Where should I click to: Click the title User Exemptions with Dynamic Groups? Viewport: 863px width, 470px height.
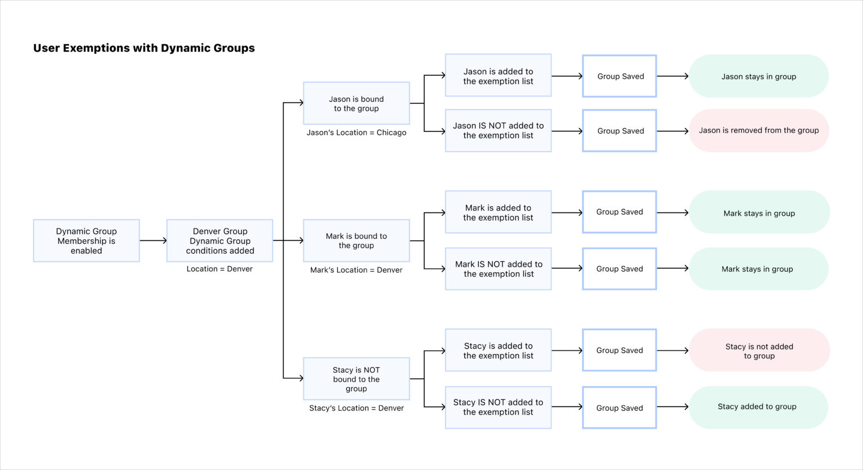[x=144, y=48]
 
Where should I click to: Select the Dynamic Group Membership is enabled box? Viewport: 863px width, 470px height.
[x=87, y=241]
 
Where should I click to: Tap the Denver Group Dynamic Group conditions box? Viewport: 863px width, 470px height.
[x=220, y=241]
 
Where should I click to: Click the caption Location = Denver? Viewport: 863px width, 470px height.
[x=220, y=269]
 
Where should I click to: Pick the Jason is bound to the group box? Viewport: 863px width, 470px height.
[x=356, y=103]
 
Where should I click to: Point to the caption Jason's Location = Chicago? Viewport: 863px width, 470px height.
[x=356, y=133]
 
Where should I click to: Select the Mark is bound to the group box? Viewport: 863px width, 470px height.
[x=356, y=241]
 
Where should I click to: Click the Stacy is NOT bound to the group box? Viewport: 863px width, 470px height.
[x=356, y=379]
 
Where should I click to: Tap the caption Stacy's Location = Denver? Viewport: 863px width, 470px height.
[x=356, y=408]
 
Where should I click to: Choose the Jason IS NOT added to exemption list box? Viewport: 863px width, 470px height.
[x=498, y=131]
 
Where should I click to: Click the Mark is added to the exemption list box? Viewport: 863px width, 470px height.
[x=498, y=212]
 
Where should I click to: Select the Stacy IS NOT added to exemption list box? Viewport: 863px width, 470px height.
[x=498, y=407]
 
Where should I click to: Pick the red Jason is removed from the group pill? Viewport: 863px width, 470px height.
[x=758, y=130]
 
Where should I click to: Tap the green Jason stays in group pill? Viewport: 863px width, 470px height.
[x=758, y=76]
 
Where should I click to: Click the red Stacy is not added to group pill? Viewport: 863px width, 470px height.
[x=759, y=350]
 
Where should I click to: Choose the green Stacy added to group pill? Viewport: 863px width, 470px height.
[x=757, y=407]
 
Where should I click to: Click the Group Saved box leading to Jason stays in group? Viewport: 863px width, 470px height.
[x=620, y=76]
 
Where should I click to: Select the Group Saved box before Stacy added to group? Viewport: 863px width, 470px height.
[x=620, y=408]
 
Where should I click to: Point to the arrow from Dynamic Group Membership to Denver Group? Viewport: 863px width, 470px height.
[x=153, y=241]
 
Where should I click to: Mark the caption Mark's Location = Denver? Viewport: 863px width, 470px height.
[x=356, y=270]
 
